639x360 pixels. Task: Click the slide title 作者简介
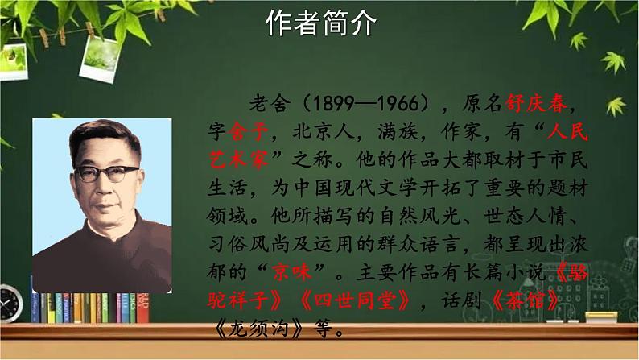[320, 25]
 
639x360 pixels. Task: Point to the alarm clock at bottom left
[9, 304]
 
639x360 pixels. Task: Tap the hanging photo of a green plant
[102, 53]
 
